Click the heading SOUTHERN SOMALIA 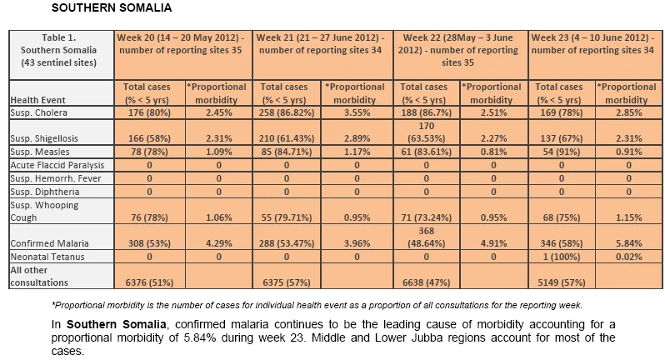[112, 7]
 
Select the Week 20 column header [181, 43]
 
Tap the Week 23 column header [592, 43]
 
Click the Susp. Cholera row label [38, 112]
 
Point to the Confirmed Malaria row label [50, 243]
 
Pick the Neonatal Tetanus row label [47, 257]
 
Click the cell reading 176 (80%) [149, 112]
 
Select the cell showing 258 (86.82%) [287, 112]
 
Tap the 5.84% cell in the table [629, 243]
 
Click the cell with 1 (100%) [562, 257]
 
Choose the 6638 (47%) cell [426, 282]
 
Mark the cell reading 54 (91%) [562, 152]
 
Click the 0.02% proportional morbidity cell [629, 257]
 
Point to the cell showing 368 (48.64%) [426, 237]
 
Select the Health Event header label [37, 100]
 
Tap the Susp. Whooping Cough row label [44, 211]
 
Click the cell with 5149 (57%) [562, 282]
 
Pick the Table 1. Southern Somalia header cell [58, 50]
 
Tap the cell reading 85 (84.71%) [287, 152]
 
